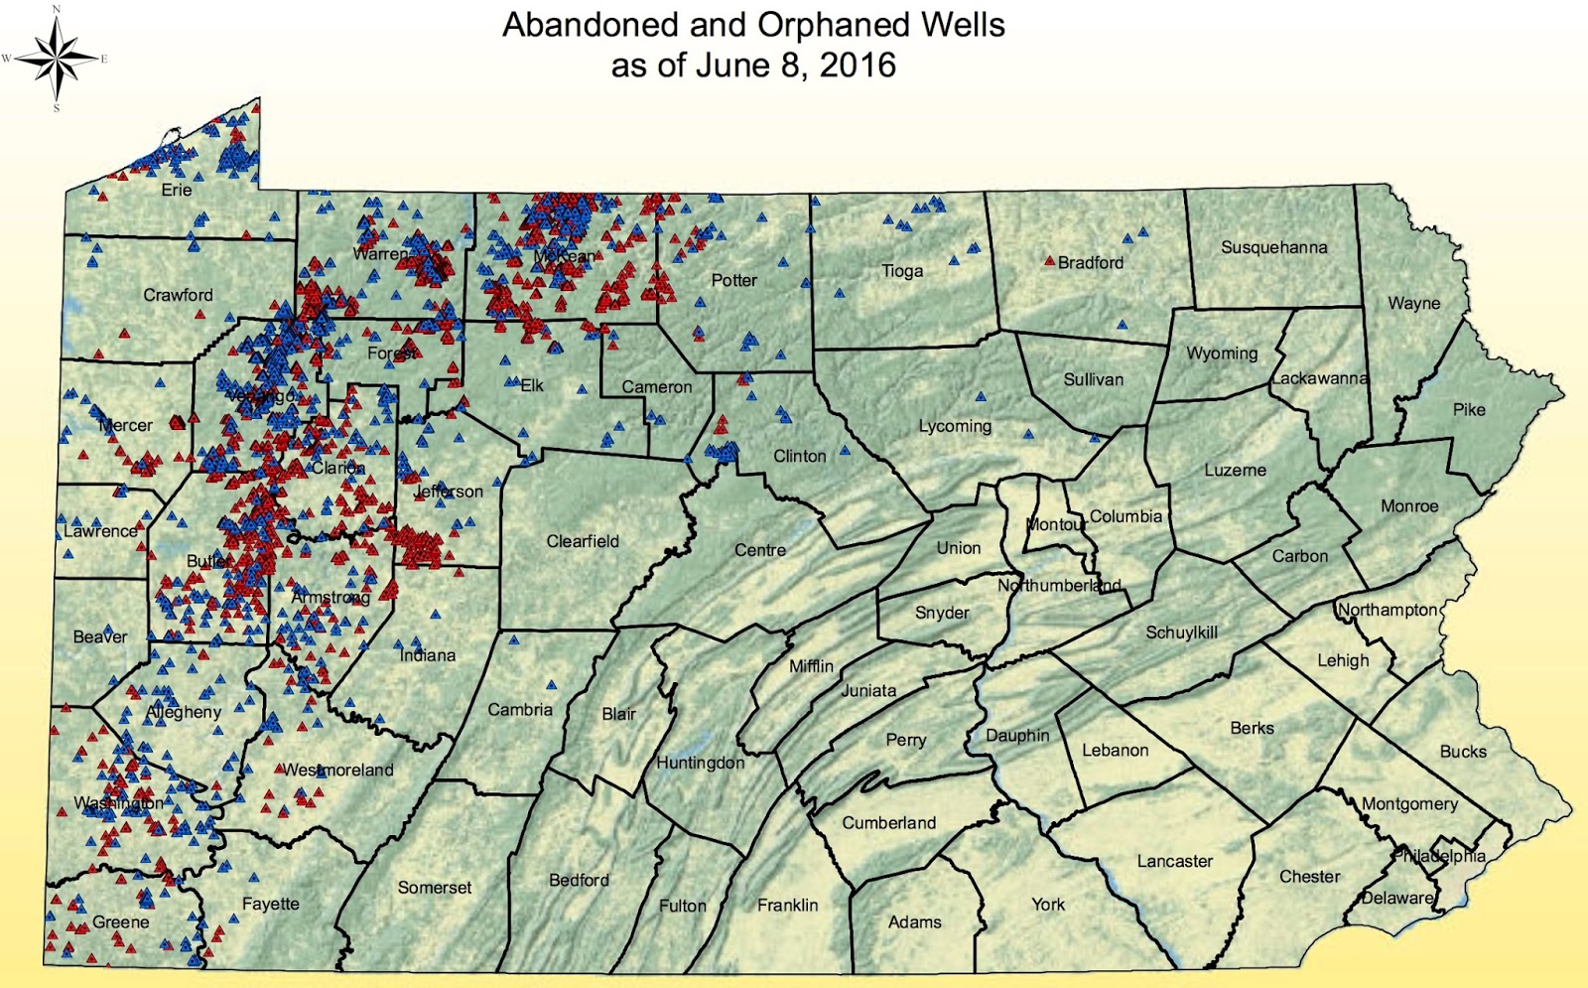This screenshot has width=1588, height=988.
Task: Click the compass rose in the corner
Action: click(56, 59)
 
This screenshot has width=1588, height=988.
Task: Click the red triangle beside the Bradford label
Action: click(1049, 261)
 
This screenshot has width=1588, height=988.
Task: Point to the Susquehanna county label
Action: click(1273, 247)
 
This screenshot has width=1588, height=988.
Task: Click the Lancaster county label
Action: click(1174, 861)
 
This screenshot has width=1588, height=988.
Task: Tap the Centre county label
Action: click(760, 550)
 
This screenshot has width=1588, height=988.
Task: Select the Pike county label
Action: click(1469, 409)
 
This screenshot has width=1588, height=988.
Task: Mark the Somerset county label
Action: click(435, 888)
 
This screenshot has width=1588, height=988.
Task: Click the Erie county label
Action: click(177, 190)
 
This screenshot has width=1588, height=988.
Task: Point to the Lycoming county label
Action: click(955, 426)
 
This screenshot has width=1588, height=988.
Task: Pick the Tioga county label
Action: click(902, 270)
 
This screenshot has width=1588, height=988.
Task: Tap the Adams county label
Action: click(914, 921)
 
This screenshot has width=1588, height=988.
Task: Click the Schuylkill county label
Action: click(1181, 633)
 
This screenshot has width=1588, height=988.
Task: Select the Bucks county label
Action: click(1463, 752)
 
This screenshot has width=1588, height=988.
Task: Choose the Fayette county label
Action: click(270, 904)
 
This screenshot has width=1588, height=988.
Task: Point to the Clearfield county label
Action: click(583, 541)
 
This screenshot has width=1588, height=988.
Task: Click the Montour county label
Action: click(1056, 524)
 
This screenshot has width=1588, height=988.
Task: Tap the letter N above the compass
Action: click(57, 9)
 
